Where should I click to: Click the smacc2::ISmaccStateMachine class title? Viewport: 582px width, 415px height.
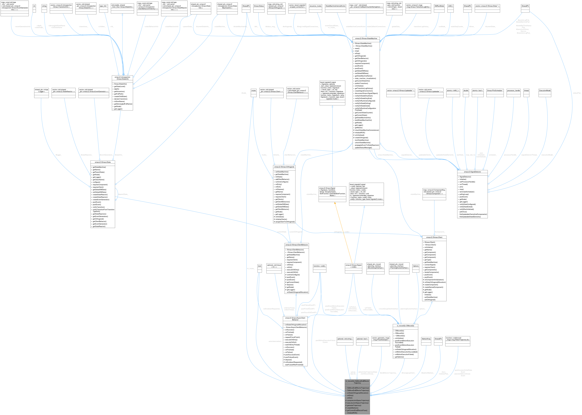[x=366, y=38]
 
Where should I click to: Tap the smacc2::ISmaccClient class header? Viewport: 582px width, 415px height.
[x=434, y=237]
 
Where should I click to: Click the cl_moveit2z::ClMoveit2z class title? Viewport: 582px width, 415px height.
[x=405, y=326]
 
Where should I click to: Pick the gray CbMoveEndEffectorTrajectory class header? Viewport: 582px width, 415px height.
[x=357, y=382]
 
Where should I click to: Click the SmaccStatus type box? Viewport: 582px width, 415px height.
[x=259, y=6]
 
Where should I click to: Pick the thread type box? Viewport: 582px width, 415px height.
[x=526, y=90]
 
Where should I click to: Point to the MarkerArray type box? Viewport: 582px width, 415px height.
[x=426, y=339]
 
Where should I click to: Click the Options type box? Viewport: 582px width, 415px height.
[x=416, y=266]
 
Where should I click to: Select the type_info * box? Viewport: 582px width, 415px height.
[x=104, y=6]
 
